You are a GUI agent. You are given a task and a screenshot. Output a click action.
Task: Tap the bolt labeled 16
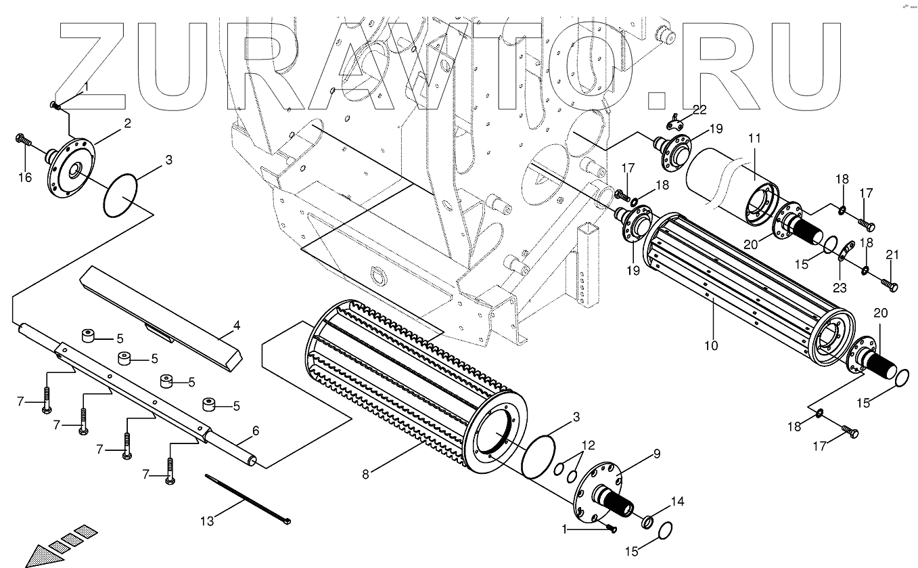tap(22, 141)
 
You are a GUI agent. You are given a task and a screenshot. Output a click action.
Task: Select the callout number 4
tap(236, 326)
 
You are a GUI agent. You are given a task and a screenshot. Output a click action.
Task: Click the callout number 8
tap(366, 474)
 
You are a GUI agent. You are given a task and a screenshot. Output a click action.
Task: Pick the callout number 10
tap(710, 345)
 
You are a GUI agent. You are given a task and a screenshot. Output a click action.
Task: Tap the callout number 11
tap(754, 139)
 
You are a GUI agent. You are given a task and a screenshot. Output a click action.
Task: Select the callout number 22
tap(698, 110)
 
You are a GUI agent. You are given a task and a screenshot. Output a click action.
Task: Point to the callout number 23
tap(839, 287)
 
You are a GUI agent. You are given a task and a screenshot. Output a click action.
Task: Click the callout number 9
tap(655, 455)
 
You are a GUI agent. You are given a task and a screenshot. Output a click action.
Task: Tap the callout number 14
tap(677, 502)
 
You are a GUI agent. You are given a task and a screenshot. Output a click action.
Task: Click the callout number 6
tap(256, 430)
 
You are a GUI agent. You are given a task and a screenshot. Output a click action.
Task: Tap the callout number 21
tap(892, 255)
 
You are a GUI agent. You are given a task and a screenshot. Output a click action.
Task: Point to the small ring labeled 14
tap(647, 521)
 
